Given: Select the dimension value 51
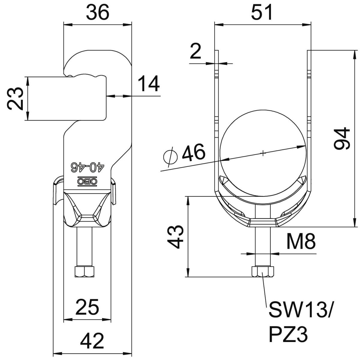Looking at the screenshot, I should point(262,12).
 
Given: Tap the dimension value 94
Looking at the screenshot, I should point(342,138).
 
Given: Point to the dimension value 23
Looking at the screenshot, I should point(15,99).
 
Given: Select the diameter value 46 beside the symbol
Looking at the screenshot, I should point(194,152).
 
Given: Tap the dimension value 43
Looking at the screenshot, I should point(175,237).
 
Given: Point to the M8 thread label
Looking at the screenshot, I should point(300,241).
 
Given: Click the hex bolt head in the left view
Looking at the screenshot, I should point(84,271).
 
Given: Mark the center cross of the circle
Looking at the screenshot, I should point(263,154).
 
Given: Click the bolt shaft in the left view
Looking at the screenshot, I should point(84,246).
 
